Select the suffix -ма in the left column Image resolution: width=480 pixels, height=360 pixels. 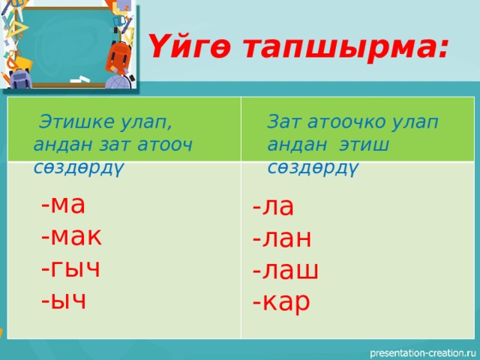coord(64,204)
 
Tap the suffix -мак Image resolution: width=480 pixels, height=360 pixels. coord(72,235)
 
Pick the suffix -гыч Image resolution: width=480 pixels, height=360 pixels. coord(71,268)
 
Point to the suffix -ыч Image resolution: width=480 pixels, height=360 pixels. coord(64,299)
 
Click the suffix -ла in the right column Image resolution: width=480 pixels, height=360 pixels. coord(274,206)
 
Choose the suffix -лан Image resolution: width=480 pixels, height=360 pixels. coord(282,238)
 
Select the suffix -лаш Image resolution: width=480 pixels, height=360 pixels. coord(286,270)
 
